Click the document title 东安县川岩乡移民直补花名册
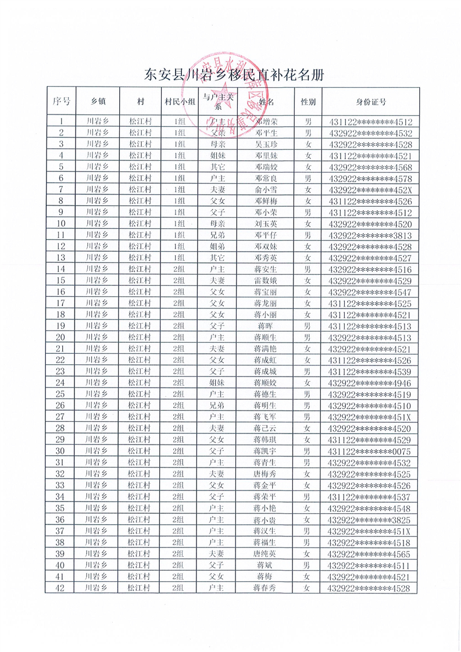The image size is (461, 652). click(x=233, y=75)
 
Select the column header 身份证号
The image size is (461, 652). click(x=370, y=102)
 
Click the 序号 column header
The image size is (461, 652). click(x=61, y=102)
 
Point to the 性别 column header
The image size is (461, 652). click(x=308, y=102)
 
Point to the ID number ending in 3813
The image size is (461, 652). click(x=370, y=235)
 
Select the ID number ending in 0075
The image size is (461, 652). click(x=370, y=452)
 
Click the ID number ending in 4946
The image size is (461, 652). click(x=370, y=383)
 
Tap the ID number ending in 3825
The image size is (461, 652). click(x=370, y=520)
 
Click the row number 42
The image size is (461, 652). click(x=61, y=588)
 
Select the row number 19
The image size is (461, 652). click(x=61, y=326)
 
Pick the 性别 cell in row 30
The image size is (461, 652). click(x=308, y=451)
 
